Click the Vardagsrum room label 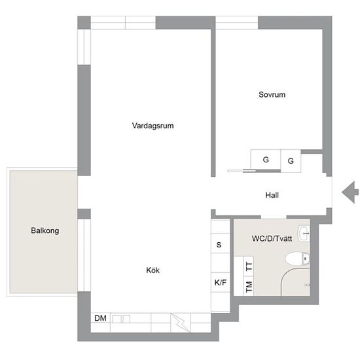pos(153,126)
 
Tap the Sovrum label pos(272,95)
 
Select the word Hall pos(272,195)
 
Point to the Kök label pos(153,270)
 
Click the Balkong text pos(45,231)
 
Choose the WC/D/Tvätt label pos(272,238)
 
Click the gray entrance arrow pos(350,192)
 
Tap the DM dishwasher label pos(100,318)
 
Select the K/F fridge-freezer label pos(221,282)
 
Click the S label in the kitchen pos(219,245)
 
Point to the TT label pos(249,266)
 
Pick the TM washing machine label pos(249,287)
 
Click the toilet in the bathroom pos(297,259)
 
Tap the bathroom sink pos(304,234)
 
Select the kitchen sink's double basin pos(121,319)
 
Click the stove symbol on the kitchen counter pos(181,323)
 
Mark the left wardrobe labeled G pos(266,160)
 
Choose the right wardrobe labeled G pos(291,161)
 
